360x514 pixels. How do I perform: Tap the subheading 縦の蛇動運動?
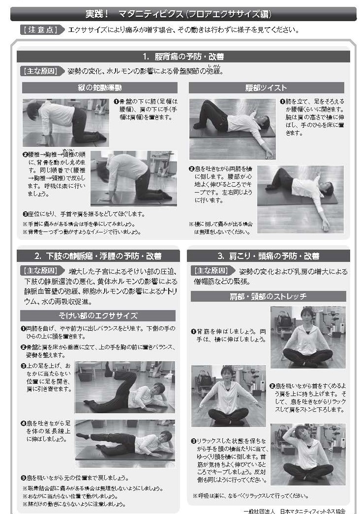100,87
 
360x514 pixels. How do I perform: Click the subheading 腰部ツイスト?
266,87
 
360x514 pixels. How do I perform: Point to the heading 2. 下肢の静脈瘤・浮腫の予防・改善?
98,256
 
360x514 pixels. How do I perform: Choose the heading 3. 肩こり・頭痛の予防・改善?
268,256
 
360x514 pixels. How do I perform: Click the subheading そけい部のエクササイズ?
98,315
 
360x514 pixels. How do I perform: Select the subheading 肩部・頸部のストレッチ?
268,296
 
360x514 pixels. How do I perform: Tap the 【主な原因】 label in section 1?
41,71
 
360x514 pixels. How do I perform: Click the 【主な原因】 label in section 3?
211,271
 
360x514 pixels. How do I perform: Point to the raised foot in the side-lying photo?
108,368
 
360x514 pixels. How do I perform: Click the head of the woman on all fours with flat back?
33,109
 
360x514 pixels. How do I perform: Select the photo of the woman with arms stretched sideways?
228,396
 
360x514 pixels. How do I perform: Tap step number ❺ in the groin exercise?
23,478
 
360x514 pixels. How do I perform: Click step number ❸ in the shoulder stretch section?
194,441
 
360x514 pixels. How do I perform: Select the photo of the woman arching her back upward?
134,179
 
